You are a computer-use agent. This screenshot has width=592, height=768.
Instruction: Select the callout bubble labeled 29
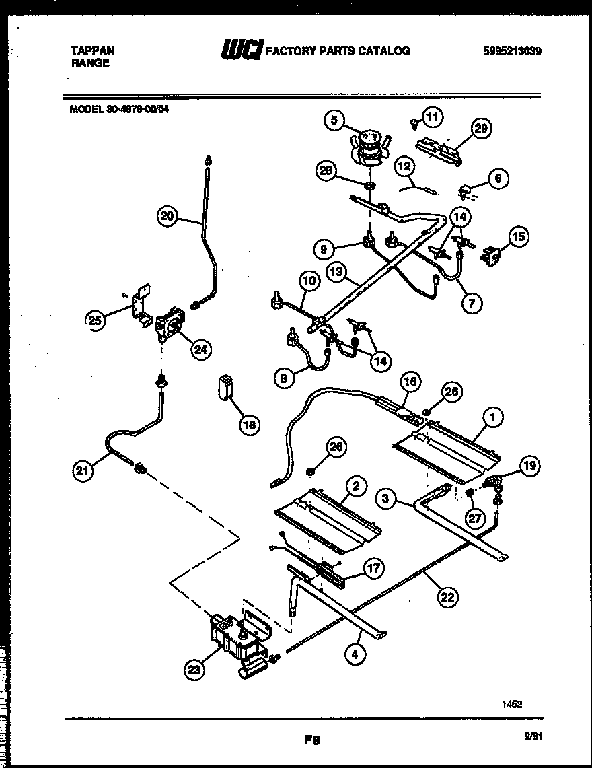click(x=481, y=128)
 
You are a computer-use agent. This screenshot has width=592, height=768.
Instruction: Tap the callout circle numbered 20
click(x=168, y=216)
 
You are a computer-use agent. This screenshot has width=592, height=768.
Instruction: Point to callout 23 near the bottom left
click(x=194, y=669)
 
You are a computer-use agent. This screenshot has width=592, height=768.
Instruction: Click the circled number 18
click(x=249, y=425)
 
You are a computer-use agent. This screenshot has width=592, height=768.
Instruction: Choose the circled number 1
click(x=493, y=418)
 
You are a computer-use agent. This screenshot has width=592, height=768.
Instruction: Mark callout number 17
click(x=373, y=569)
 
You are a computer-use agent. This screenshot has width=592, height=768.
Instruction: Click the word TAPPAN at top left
click(x=92, y=50)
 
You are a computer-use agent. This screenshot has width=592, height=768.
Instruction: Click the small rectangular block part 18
click(x=225, y=388)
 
